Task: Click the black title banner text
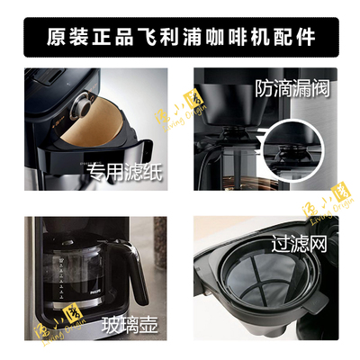coord(180,37)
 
